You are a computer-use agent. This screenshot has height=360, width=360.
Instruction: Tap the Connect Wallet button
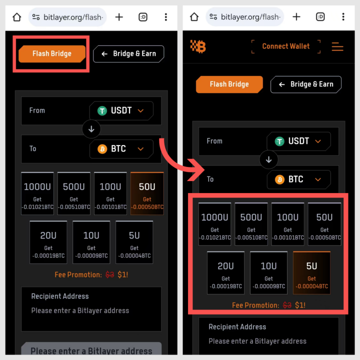(285, 46)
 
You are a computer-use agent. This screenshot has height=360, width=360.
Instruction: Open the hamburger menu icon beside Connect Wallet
(337, 46)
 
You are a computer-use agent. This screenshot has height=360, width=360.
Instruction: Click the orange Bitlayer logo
(198, 46)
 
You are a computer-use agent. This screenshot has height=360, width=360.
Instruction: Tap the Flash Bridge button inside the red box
(52, 54)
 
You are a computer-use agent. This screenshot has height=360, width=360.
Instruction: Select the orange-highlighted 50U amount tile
(147, 193)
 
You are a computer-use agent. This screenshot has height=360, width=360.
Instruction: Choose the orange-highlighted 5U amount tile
(311, 272)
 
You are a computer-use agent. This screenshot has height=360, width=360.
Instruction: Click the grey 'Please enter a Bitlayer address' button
(91, 350)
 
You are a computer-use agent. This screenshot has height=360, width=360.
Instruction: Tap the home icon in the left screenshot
(16, 17)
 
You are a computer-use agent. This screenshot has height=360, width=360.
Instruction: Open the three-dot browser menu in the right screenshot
(343, 17)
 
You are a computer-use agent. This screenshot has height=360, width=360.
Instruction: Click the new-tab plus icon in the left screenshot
(119, 17)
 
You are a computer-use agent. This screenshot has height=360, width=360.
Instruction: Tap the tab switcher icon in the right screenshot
(320, 17)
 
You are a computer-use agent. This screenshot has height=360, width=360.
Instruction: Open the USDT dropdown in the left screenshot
(121, 110)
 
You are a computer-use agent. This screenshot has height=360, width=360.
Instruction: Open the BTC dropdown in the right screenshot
(298, 179)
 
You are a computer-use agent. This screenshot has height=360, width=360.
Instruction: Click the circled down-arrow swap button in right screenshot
(268, 160)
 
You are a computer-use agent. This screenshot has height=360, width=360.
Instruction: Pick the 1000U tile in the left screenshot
(37, 193)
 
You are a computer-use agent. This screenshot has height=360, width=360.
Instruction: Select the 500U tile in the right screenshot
(251, 224)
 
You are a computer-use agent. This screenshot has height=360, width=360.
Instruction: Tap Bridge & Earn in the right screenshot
(305, 84)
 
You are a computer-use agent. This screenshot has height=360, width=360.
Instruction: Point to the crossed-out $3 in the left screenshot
(109, 274)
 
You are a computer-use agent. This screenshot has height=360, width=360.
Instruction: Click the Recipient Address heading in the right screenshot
(237, 327)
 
